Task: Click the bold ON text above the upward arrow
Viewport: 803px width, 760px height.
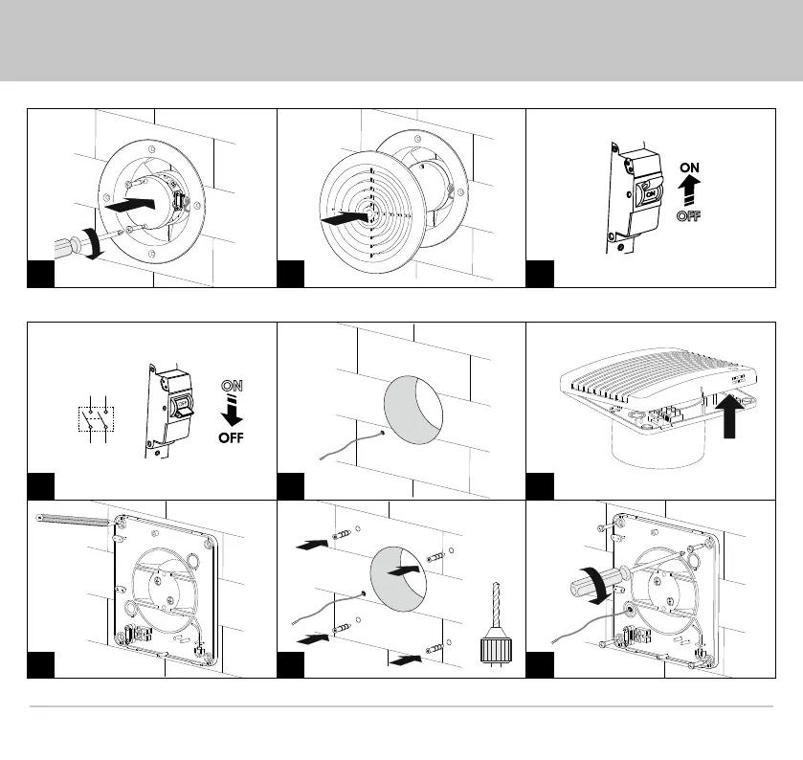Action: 689,166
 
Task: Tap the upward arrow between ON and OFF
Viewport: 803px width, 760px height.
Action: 689,190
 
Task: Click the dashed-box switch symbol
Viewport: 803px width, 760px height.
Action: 94,419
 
